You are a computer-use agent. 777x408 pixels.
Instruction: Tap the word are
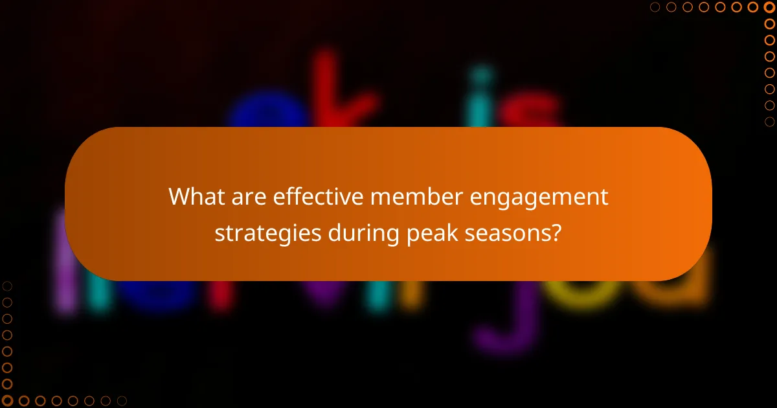click(x=249, y=197)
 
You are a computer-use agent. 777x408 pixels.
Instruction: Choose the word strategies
click(x=267, y=232)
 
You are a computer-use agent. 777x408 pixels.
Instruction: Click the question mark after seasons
click(x=556, y=232)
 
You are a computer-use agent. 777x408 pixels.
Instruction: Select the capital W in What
click(x=180, y=197)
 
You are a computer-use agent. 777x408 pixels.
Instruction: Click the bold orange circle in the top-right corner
click(x=769, y=7)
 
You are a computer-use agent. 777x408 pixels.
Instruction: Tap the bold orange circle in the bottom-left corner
click(x=7, y=401)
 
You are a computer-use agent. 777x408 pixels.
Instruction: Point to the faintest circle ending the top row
click(x=655, y=7)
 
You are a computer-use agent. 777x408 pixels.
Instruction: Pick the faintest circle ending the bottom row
click(x=121, y=401)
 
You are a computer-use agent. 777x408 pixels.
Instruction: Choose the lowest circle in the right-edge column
click(x=769, y=121)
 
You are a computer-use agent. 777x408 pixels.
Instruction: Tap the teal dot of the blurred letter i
click(x=480, y=74)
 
